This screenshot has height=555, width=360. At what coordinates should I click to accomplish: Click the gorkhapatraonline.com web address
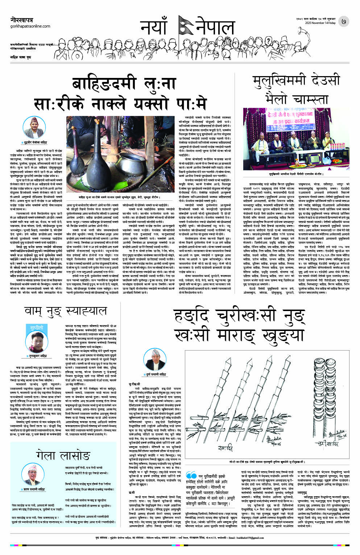point(30,26)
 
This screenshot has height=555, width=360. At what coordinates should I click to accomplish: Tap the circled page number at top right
point(343,22)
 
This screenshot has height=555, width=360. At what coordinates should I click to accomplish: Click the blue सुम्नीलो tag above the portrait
point(37,328)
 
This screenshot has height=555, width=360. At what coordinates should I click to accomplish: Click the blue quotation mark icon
point(191,476)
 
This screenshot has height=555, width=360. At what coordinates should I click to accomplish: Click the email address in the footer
point(255,538)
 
